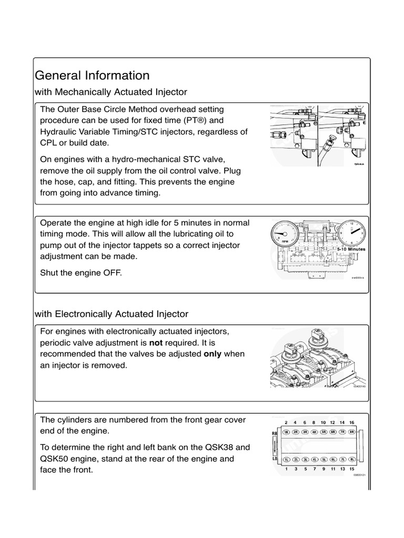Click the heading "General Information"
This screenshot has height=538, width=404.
coord(92,75)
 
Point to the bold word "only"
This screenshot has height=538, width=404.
coord(213,354)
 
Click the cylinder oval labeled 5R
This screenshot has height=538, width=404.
coord(324,432)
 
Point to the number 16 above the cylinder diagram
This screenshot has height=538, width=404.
coord(351,422)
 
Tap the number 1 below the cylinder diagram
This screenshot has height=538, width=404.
coord(286,469)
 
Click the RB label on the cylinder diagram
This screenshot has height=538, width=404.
coord(274,433)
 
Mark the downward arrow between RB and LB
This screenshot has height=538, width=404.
coord(274,446)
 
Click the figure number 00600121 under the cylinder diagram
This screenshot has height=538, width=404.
coord(359,474)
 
